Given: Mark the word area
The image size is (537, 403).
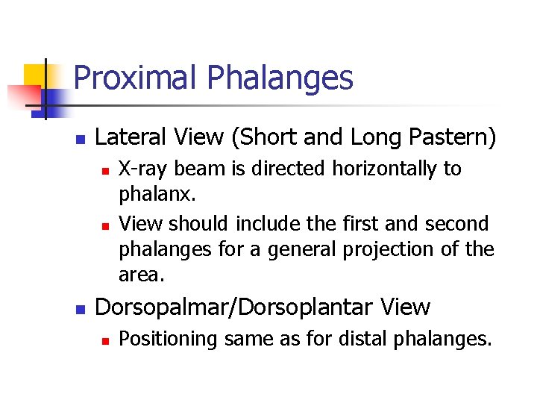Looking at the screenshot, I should (140, 274).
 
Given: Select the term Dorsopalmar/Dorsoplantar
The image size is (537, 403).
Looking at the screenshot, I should (233, 307).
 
